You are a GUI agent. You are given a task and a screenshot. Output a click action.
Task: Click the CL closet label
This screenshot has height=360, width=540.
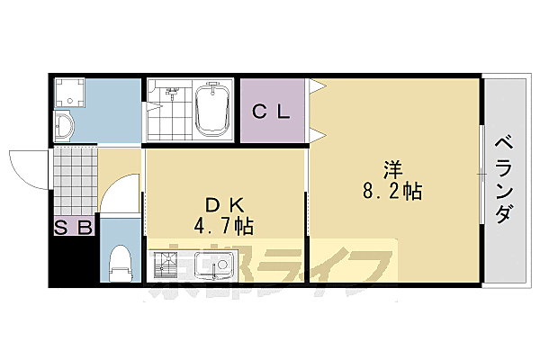tap(270, 112)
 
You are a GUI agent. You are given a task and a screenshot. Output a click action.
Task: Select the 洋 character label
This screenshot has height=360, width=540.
tap(392, 168)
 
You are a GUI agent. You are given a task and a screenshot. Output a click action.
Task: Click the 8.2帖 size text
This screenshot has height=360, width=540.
tap(393, 191)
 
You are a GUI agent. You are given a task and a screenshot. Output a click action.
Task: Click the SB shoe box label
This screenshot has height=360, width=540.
tap(73, 228)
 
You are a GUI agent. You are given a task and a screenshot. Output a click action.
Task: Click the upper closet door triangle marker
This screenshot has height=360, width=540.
tap(316, 87)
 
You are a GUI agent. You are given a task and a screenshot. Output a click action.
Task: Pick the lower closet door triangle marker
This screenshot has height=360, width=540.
tap(316, 135)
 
